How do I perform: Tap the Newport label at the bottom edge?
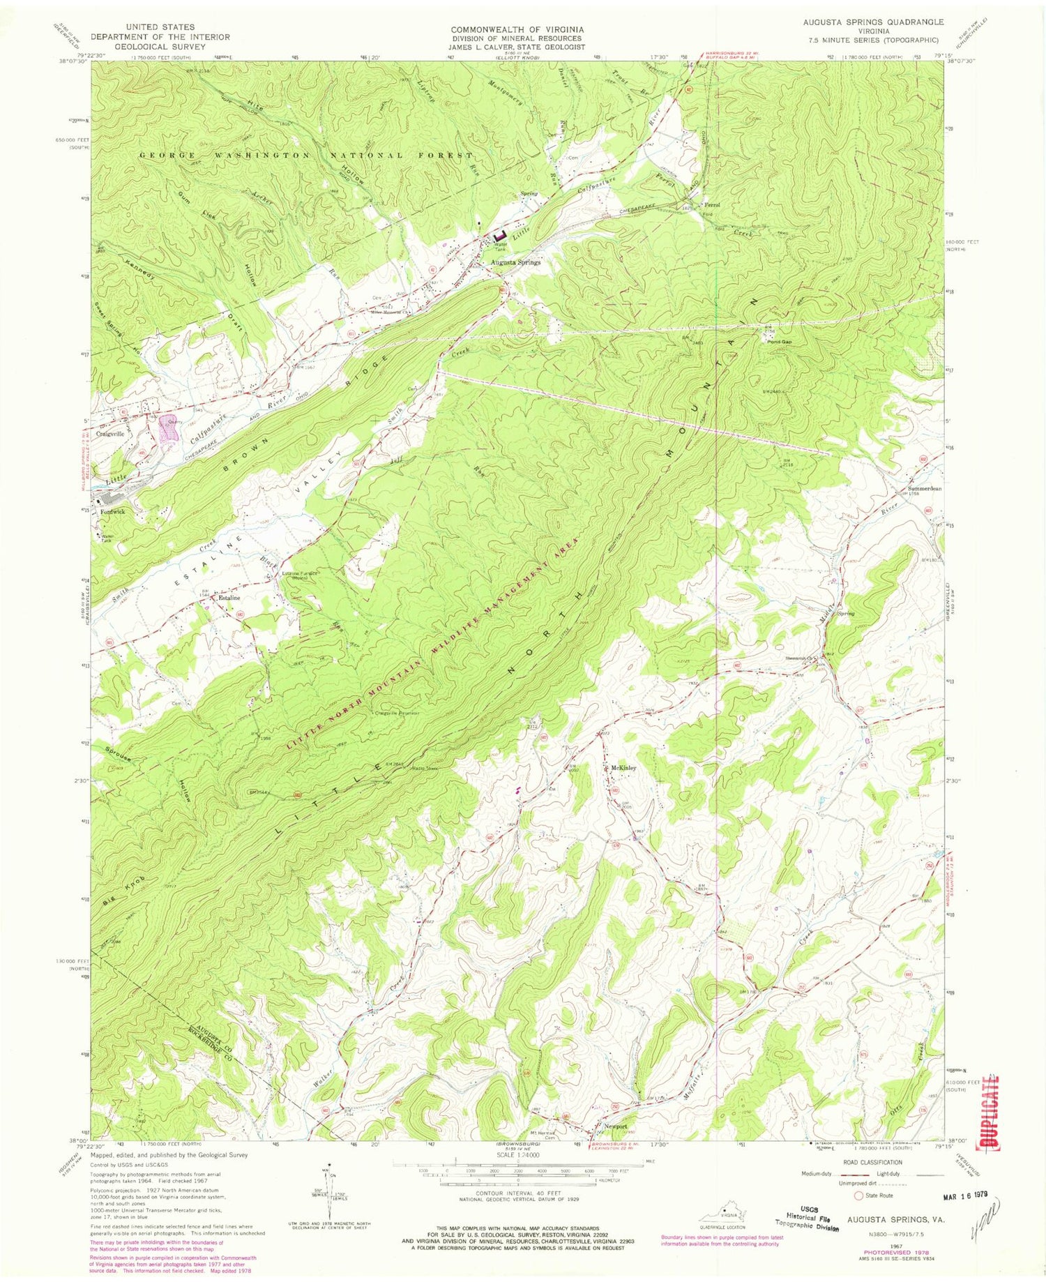pos(616,1126)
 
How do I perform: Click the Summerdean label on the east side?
pos(925,488)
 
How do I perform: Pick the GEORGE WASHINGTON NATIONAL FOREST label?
pos(305,155)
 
